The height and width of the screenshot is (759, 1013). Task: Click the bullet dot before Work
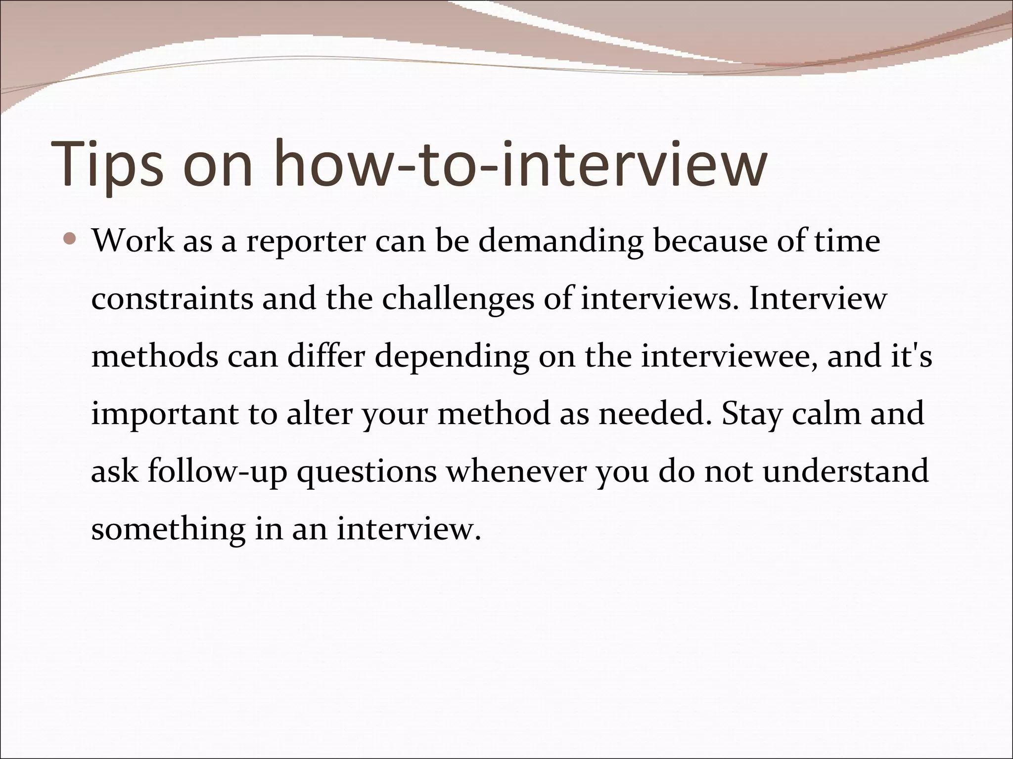pyautogui.click(x=70, y=241)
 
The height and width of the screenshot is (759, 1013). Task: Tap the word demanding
pyautogui.click(x=560, y=243)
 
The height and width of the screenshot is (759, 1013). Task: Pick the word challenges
pyautogui.click(x=458, y=300)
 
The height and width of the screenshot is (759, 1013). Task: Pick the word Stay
pyautogui.click(x=751, y=414)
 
